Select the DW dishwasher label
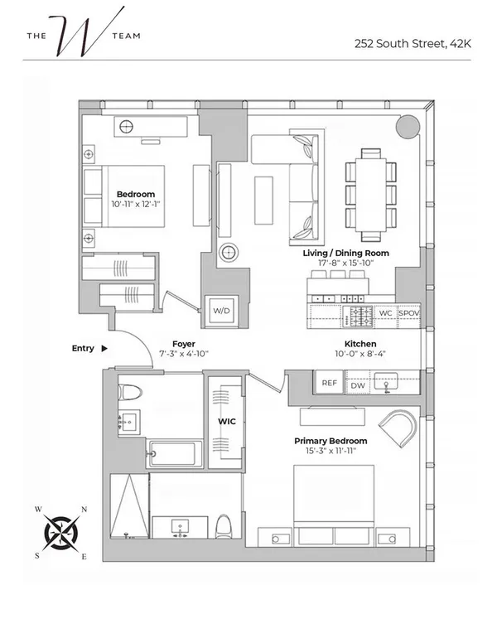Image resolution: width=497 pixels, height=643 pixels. click(358, 384)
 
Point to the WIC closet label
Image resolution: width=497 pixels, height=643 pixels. click(227, 422)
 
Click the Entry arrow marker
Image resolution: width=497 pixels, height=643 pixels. click(104, 349)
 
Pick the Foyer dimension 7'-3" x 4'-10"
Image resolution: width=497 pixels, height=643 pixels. click(184, 353)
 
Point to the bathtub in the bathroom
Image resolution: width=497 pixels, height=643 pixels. click(172, 454)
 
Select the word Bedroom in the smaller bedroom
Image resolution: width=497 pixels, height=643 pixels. click(136, 194)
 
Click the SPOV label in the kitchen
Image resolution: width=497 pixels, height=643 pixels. click(409, 314)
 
